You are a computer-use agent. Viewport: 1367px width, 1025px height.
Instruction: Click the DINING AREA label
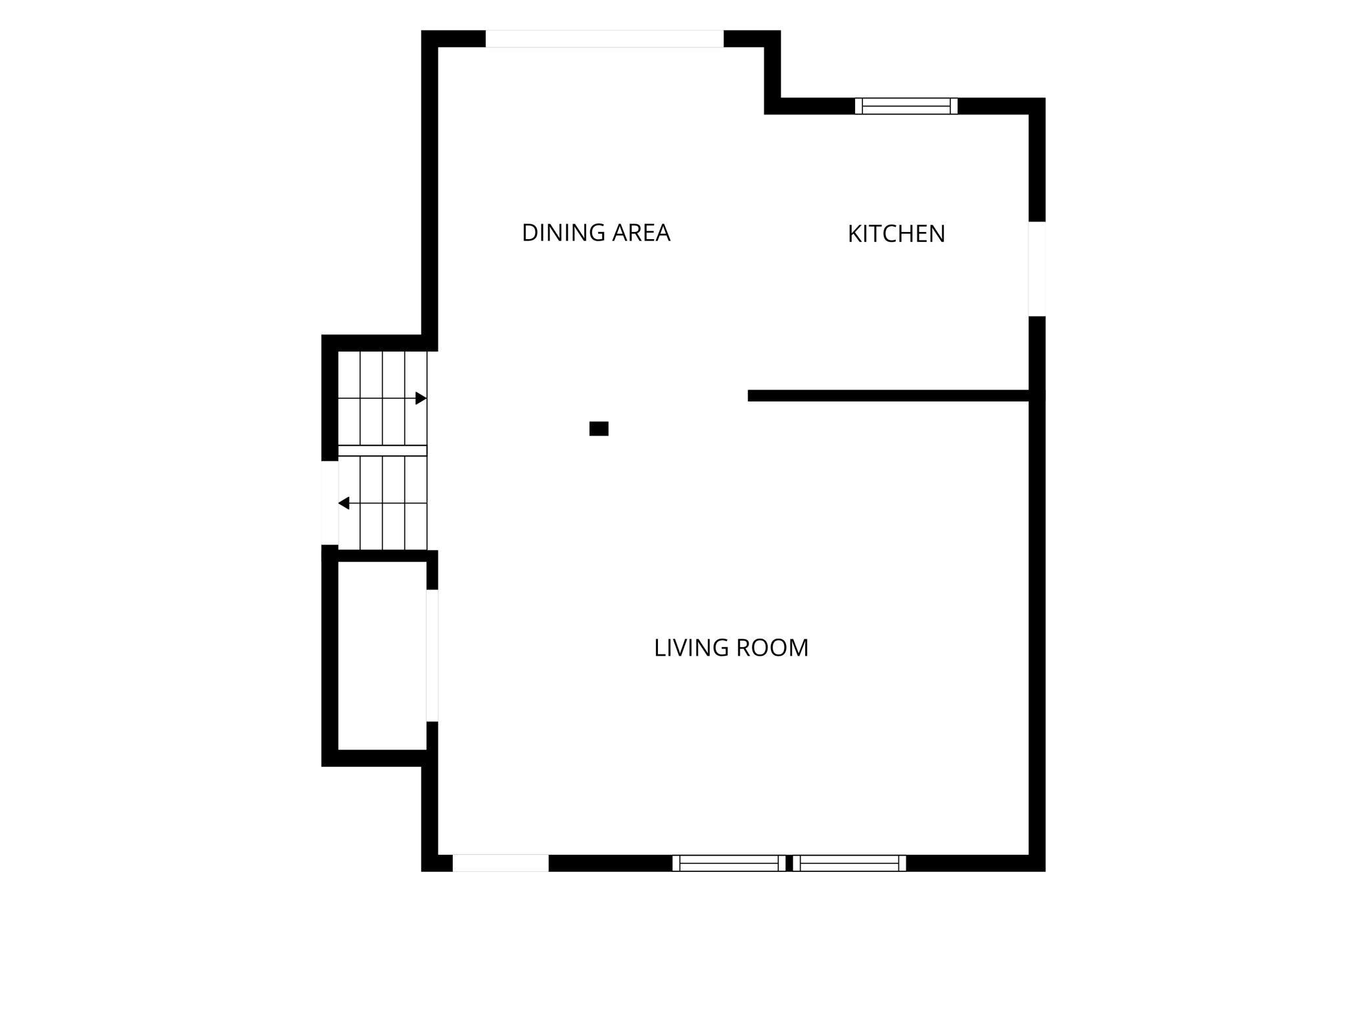point(595,233)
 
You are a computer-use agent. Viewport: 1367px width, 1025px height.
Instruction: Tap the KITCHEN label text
point(896,234)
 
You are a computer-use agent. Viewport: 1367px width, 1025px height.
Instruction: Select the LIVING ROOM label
point(731,648)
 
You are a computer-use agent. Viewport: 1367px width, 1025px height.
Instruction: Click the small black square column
point(599,428)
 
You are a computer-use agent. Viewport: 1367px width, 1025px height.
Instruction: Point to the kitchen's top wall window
point(906,106)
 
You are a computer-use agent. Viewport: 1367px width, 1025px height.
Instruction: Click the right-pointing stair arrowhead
point(421,398)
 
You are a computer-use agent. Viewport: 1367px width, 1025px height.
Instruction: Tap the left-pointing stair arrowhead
point(344,503)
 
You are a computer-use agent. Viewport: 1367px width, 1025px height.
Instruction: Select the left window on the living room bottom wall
point(729,863)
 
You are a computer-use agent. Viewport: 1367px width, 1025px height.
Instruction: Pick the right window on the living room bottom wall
point(849,863)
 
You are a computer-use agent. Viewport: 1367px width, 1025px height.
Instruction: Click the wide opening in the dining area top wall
point(605,39)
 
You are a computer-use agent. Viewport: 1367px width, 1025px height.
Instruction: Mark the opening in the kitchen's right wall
point(1037,269)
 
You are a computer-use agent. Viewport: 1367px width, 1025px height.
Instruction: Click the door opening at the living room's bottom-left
point(501,863)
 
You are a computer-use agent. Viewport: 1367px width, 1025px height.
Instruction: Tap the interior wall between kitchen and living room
point(889,396)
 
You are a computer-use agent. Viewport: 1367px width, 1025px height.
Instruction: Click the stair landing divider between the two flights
point(382,451)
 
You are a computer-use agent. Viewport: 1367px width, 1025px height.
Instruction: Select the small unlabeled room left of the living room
point(382,656)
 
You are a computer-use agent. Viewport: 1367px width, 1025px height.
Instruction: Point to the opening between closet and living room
point(432,656)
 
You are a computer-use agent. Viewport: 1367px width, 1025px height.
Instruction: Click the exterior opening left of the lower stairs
point(330,503)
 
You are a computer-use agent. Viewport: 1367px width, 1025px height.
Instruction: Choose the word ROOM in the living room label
point(772,648)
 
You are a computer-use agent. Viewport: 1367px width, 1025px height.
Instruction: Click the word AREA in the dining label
point(641,233)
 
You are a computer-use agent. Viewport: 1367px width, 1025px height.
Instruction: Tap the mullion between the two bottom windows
point(789,863)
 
